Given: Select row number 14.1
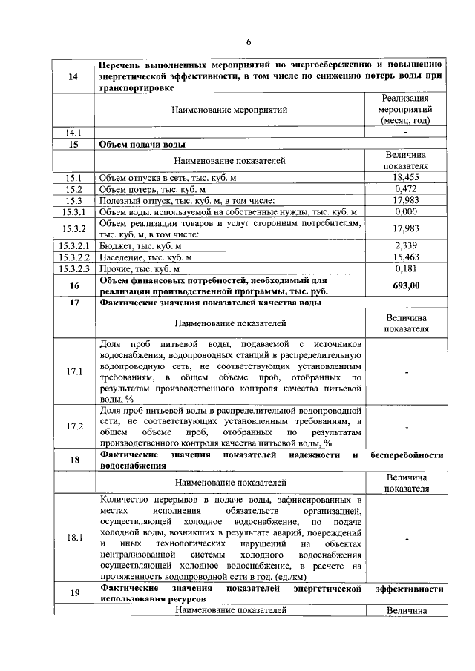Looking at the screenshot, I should click(x=74, y=133).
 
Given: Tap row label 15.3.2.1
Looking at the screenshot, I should click(x=74, y=245).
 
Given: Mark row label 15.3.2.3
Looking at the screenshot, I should click(x=74, y=268).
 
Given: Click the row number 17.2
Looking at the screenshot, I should click(x=74, y=426).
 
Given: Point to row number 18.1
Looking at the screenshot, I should click(x=74, y=538).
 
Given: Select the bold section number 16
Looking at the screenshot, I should click(x=74, y=285).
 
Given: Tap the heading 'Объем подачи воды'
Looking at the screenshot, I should click(x=142, y=145).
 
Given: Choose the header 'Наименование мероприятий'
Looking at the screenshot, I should click(x=229, y=110).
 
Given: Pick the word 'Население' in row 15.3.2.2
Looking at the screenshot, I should click(x=122, y=257).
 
